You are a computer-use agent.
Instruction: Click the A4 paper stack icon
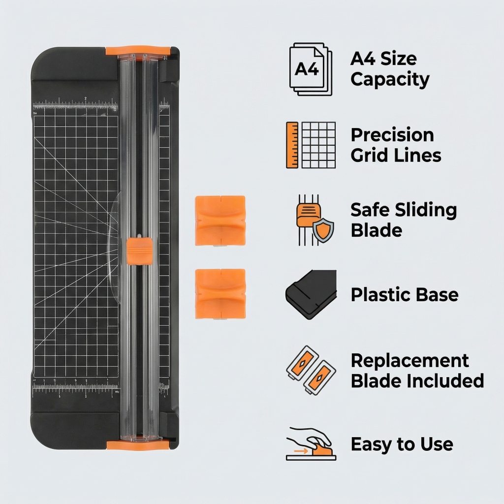[311, 69]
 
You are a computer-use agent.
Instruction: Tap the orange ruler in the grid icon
[292, 145]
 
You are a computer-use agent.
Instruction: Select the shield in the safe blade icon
[323, 230]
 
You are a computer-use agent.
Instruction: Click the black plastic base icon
[311, 294]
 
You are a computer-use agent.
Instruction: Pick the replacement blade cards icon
[311, 371]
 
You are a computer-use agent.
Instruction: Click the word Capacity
[390, 80]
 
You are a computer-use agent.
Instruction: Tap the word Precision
[392, 135]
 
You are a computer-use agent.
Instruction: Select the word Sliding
[426, 211]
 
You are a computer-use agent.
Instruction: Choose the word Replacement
[409, 361]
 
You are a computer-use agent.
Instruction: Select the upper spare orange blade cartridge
[220, 220]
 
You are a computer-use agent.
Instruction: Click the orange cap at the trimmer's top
[138, 51]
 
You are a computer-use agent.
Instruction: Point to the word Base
[437, 295]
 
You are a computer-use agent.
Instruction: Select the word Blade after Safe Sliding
[376, 230]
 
